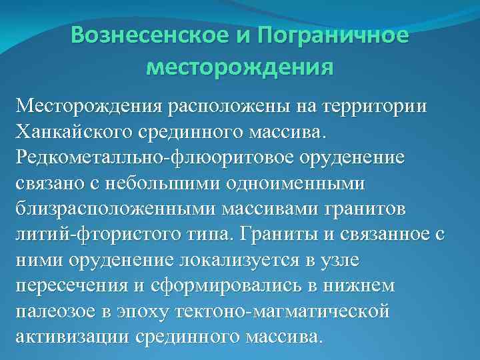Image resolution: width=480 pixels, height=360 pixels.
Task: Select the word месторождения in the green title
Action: [239, 67]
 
